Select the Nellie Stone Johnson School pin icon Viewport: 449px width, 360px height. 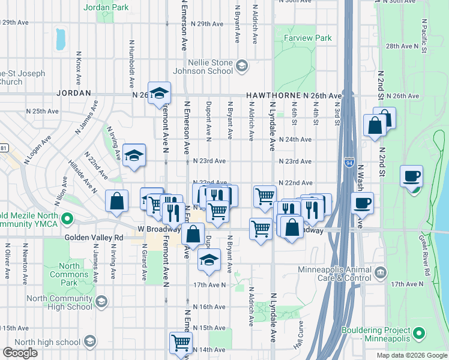242,65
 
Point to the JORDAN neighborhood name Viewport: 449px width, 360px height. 73,94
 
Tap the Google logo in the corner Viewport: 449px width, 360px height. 20,353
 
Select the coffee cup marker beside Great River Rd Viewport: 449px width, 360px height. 412,177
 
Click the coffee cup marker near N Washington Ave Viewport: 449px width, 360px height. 362,203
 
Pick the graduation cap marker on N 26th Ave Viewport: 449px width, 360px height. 160,93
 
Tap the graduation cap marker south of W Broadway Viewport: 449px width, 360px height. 208,260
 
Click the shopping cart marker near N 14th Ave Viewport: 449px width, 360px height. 180,343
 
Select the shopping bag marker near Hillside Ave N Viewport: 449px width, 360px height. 116,202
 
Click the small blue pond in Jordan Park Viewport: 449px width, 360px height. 60,39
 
